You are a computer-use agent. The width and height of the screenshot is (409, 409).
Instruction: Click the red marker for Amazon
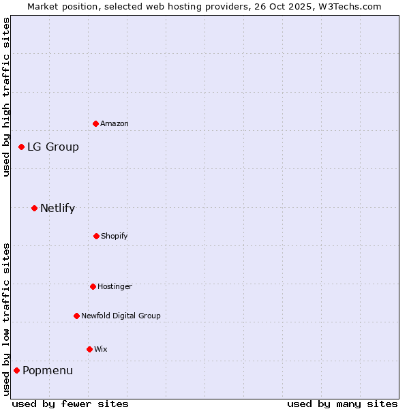point(95,123)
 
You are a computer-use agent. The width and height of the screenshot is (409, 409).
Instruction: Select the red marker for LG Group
point(22,147)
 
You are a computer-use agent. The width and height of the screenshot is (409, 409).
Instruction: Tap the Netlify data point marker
point(34,208)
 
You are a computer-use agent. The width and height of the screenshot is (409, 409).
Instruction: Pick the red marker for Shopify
point(96,236)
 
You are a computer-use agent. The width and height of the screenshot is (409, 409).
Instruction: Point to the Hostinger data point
point(93,286)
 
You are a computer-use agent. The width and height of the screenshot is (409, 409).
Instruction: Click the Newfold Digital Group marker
point(76,316)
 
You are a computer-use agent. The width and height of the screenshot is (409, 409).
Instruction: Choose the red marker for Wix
point(89,349)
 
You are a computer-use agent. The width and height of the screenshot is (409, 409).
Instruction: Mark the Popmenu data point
point(16,370)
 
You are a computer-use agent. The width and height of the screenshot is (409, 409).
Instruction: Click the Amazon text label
point(115,123)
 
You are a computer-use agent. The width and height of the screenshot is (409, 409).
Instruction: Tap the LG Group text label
point(53,147)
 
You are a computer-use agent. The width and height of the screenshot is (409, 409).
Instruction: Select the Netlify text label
point(57,208)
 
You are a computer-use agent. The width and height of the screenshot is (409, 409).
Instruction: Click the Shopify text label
point(115,236)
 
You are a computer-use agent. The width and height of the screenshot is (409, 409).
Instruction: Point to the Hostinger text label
point(115,286)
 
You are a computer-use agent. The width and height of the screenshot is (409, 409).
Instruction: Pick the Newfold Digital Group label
point(121,316)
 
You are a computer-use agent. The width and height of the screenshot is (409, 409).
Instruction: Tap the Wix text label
point(101,349)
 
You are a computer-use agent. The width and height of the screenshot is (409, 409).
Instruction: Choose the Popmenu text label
point(48,370)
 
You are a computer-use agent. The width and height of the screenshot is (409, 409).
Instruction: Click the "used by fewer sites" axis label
point(70,404)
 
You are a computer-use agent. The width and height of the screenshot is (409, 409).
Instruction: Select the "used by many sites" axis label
point(342,404)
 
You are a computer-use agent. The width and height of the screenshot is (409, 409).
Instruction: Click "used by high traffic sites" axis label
point(6,97)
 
